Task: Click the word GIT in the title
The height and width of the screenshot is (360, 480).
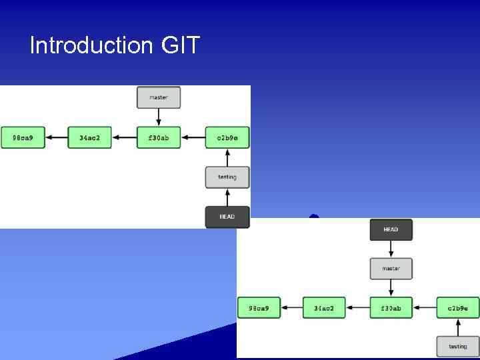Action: pos(180,45)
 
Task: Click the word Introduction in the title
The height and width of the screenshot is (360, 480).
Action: pos(91,45)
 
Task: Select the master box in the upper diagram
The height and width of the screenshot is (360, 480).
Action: pos(159,97)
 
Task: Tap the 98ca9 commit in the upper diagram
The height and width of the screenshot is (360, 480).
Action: pos(23,138)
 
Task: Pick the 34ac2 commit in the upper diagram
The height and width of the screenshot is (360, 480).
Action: pos(89,138)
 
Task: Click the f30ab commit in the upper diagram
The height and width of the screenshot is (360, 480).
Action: pos(159,138)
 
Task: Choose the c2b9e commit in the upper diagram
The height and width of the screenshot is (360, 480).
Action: pos(227,138)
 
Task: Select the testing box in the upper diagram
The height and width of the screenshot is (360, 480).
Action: pos(227,177)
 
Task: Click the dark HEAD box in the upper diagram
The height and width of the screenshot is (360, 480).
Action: pos(227,217)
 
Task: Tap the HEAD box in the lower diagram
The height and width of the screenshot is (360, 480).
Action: pos(391,230)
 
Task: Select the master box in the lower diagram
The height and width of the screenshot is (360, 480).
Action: pos(391,269)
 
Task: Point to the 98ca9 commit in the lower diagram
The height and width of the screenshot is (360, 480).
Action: pos(259,308)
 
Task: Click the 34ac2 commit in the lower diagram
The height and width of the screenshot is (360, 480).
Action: pos(324,308)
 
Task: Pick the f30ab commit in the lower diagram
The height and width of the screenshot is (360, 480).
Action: pos(391,308)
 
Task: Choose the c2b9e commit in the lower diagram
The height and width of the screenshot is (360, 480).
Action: pos(458,308)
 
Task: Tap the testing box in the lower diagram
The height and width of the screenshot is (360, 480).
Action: pos(458,347)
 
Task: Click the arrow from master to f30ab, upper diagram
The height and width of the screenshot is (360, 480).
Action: pos(159,117)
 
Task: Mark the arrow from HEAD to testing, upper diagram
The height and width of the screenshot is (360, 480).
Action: pos(227,197)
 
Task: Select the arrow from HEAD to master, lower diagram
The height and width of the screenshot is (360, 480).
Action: pos(391,249)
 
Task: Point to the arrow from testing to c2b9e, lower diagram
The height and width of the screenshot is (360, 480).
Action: pos(458,327)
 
